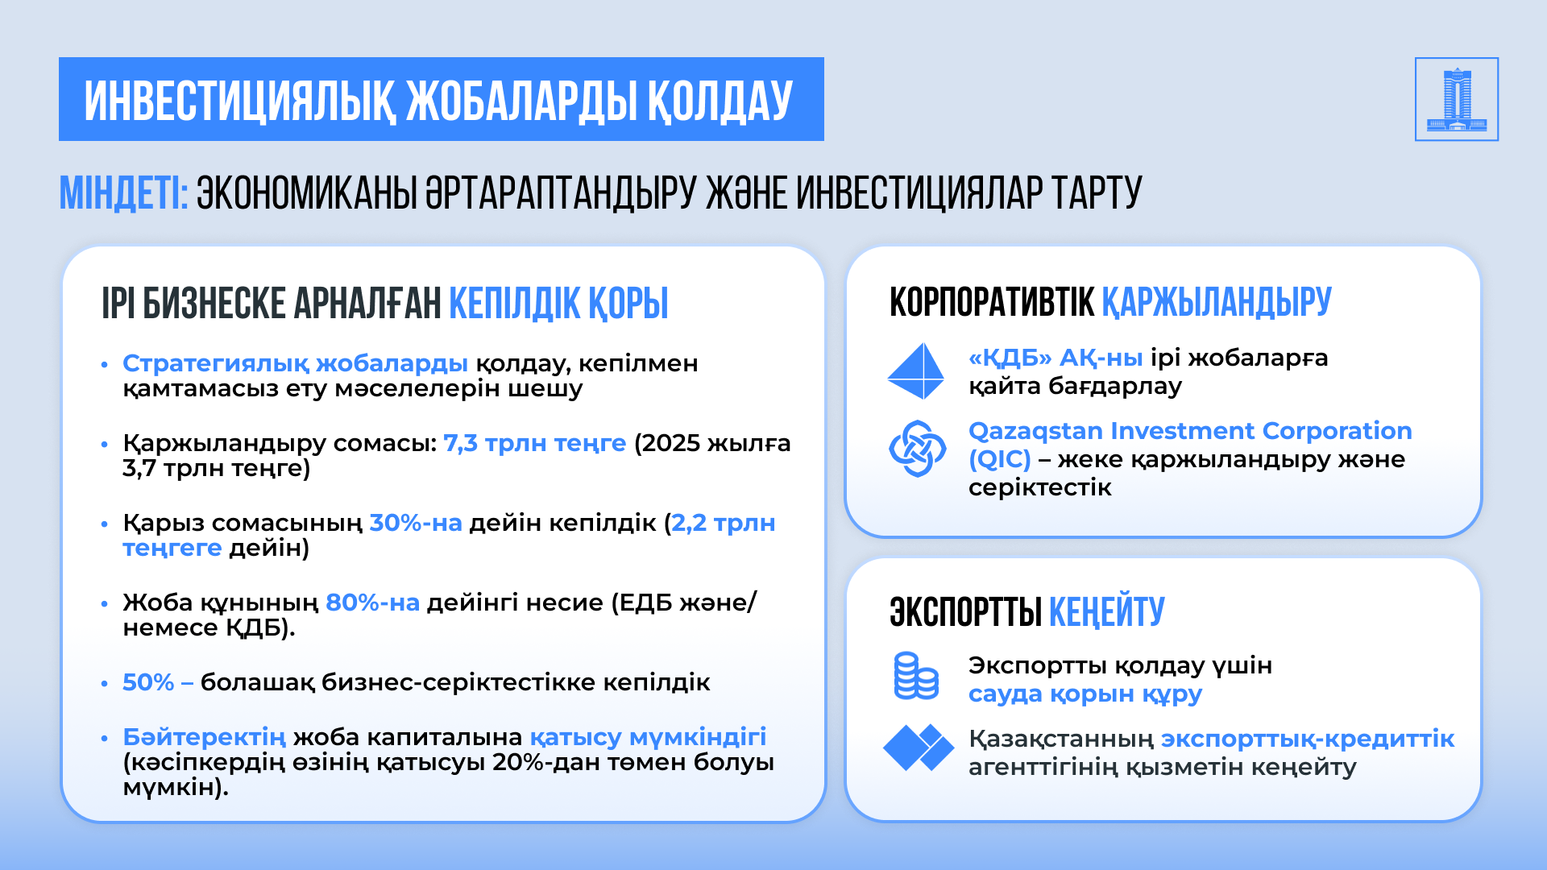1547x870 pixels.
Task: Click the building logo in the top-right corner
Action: [1457, 99]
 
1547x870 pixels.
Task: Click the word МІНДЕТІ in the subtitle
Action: [123, 193]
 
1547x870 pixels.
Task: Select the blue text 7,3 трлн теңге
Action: [535, 443]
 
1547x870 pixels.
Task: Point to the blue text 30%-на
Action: [416, 523]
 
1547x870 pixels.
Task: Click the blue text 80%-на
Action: [372, 603]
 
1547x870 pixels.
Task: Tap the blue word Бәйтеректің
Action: [204, 737]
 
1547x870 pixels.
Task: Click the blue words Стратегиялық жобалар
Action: [295, 363]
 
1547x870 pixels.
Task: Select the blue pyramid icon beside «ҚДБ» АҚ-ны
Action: [916, 371]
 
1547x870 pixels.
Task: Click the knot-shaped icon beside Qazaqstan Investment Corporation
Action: [917, 448]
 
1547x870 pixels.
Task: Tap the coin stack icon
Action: [916, 676]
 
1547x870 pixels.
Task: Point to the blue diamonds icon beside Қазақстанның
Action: [919, 747]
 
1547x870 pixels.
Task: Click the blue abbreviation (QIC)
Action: [1000, 459]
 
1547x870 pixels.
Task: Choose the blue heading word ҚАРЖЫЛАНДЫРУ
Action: [1217, 302]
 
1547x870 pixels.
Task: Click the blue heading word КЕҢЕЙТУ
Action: [1107, 612]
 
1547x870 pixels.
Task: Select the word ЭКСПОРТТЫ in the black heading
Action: [966, 612]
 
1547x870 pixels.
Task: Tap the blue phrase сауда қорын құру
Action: [1085, 694]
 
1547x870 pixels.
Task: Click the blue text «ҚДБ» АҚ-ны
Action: [1056, 358]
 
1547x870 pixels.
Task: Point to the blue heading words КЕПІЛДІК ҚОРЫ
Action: [558, 304]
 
